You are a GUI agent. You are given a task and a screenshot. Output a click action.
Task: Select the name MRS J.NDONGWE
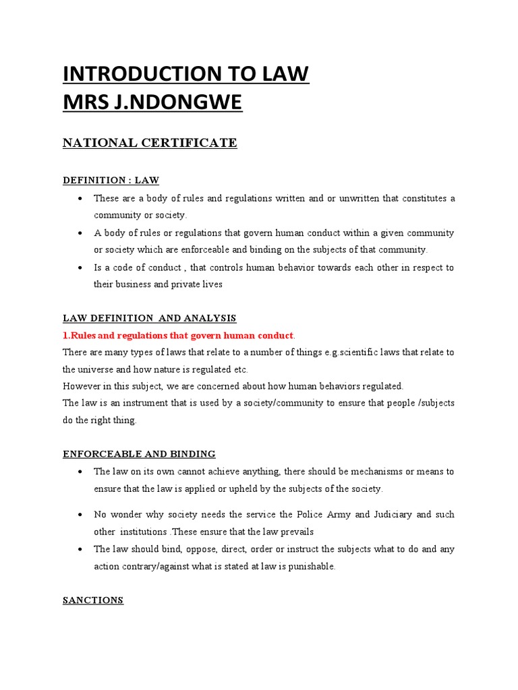[x=152, y=103]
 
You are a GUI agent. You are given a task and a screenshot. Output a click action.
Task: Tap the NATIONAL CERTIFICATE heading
[x=150, y=142]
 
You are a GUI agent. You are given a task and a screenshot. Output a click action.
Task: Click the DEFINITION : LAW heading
[x=111, y=180]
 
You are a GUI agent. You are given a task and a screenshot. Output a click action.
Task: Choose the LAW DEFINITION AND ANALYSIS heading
[x=150, y=318]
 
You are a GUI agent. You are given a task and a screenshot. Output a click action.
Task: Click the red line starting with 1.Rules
[x=179, y=336]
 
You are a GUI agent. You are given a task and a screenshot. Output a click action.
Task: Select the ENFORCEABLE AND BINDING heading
[x=139, y=453]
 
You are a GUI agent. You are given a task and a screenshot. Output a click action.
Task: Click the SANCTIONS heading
[x=93, y=600]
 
